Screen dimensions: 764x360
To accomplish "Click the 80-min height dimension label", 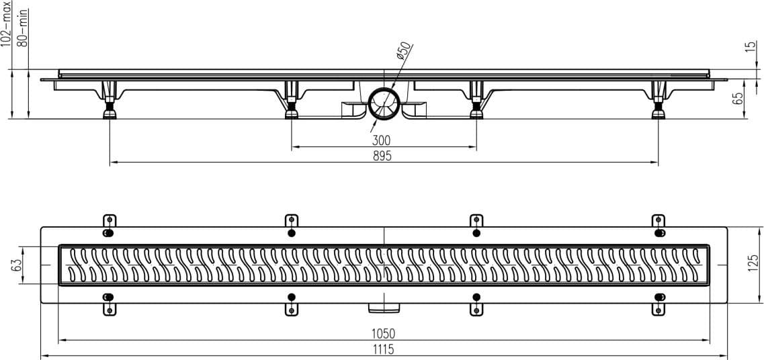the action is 22,28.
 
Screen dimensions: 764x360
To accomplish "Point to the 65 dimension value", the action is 738,98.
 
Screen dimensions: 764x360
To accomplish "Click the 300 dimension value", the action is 381,141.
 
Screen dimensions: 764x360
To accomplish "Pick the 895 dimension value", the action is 382,156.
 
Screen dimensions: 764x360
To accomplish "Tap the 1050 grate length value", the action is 384,334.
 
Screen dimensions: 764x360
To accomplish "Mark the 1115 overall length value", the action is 383,349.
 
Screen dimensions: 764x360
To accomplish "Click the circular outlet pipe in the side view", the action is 384,103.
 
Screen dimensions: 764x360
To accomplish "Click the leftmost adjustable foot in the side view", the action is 110,100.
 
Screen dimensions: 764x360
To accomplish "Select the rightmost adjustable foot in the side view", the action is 659,100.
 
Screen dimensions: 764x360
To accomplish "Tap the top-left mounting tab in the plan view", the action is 110,221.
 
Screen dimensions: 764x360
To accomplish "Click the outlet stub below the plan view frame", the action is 384,307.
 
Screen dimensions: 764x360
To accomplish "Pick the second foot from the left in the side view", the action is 292,100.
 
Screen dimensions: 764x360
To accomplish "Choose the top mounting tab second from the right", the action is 476,221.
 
